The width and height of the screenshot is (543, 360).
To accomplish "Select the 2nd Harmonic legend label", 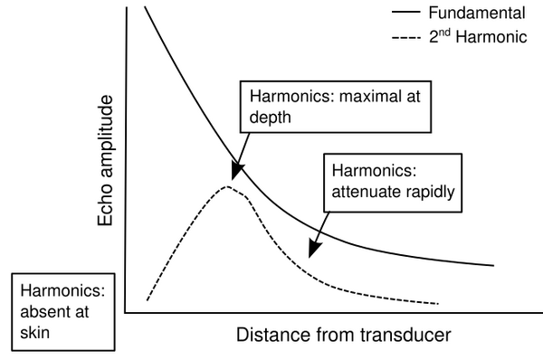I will [x=481, y=38].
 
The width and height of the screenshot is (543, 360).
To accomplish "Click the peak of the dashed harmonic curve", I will [x=228, y=187].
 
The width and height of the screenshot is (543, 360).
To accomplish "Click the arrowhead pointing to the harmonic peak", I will [x=237, y=170].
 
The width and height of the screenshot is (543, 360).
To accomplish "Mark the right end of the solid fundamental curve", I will [x=494, y=266].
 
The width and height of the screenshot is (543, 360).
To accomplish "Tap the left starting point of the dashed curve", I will [x=148, y=299].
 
